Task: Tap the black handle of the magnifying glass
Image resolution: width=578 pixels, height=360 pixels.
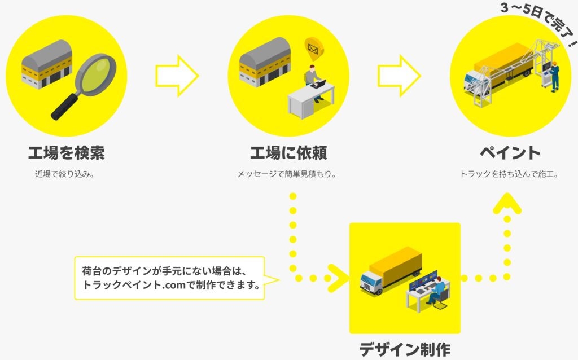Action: [64, 107]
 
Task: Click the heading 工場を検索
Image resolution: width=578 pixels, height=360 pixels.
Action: [67, 153]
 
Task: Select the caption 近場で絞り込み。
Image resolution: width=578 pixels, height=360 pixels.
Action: [64, 174]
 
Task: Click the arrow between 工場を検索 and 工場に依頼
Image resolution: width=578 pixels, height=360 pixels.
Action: [177, 76]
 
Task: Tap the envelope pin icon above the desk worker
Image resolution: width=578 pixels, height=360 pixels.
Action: [313, 49]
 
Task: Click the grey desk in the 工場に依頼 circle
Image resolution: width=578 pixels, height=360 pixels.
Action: [310, 100]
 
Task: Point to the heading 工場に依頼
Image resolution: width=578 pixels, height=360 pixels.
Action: [288, 153]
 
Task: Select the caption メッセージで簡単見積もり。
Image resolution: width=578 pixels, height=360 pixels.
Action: [287, 174]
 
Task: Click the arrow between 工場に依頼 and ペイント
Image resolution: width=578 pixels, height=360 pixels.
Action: [399, 76]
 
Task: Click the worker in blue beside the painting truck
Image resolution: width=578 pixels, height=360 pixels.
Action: [554, 77]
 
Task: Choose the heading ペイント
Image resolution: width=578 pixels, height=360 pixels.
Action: [510, 153]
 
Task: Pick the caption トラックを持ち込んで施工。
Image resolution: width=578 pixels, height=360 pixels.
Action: [509, 174]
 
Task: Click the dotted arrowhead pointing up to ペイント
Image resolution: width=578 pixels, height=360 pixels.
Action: [507, 203]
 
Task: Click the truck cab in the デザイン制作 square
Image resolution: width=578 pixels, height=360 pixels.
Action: [371, 283]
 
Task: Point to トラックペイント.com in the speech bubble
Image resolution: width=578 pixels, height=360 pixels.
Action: [134, 285]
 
